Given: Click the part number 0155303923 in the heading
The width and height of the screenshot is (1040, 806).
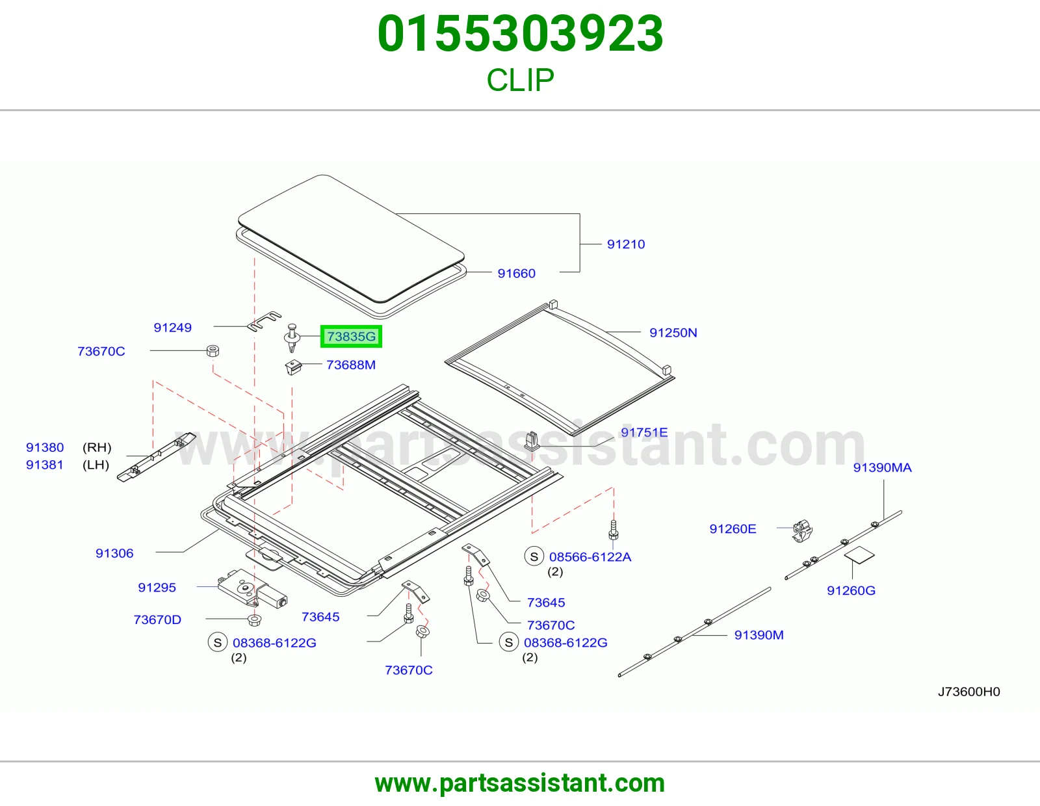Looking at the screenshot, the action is click(x=520, y=34).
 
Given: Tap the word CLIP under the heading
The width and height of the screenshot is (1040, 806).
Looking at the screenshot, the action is click(x=520, y=80).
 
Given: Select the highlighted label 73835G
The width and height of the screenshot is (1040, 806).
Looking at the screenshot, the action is click(x=351, y=337).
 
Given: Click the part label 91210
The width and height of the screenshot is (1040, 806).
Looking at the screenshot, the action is click(x=626, y=244).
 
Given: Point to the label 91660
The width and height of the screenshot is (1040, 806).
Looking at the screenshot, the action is click(x=516, y=273).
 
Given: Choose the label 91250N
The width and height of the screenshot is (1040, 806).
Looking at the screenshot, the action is click(x=673, y=333).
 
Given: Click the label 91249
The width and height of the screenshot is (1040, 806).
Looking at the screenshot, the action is click(x=172, y=328).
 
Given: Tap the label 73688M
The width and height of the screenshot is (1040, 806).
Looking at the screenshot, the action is click(x=351, y=365).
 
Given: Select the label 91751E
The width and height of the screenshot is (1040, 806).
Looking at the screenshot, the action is click(x=644, y=432).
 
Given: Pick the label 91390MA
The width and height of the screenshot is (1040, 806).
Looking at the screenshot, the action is click(x=883, y=467).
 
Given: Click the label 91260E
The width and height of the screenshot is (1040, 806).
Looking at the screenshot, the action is click(x=733, y=529).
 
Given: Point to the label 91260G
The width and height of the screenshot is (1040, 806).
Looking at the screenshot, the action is click(x=851, y=591).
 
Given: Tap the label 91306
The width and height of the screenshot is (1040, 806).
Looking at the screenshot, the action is click(x=114, y=553).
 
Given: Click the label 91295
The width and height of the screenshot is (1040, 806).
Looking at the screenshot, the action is click(x=157, y=587).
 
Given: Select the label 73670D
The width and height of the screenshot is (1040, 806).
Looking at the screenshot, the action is click(x=157, y=620).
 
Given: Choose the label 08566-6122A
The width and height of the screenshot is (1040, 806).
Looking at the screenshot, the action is click(x=590, y=556).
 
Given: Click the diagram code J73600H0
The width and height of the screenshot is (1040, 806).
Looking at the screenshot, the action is click(x=968, y=692).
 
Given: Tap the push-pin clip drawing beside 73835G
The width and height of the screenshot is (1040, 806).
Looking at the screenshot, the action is click(x=291, y=337).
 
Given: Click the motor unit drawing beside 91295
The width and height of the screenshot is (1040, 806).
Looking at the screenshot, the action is click(x=252, y=589).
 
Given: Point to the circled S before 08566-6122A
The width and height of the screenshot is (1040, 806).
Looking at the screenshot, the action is click(x=534, y=556).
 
